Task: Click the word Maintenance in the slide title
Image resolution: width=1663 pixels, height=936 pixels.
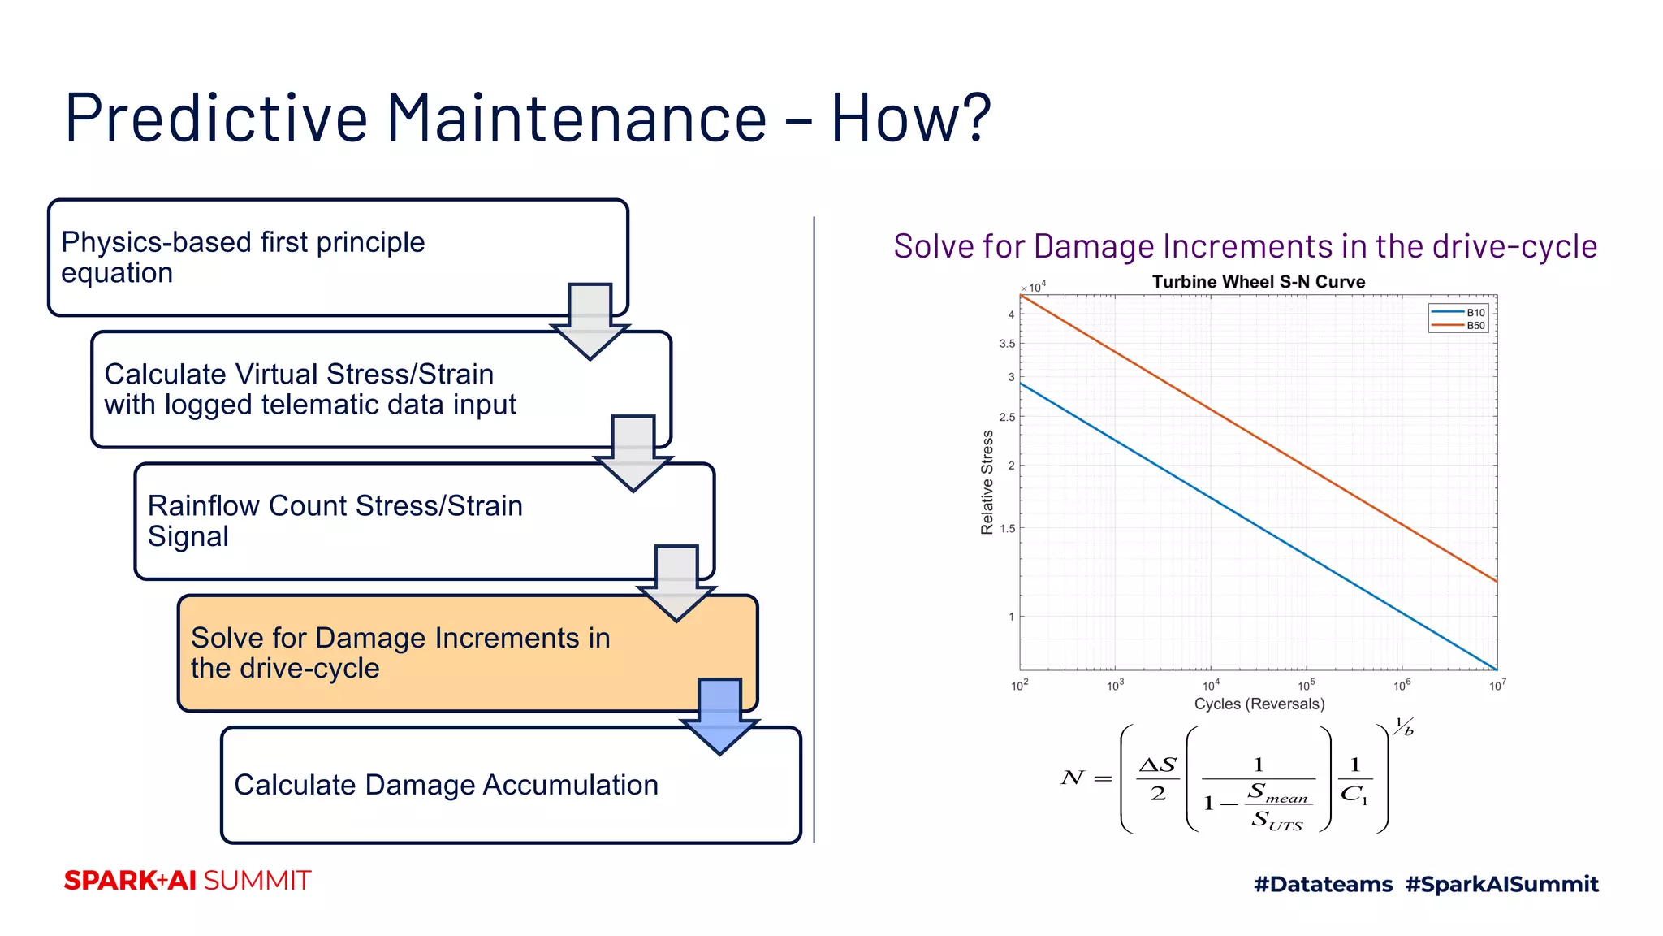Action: point(577,118)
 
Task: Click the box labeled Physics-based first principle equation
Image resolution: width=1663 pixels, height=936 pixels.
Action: point(244,257)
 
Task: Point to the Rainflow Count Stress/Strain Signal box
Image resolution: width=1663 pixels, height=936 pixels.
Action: point(335,521)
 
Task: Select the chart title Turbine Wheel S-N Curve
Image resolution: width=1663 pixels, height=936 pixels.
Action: point(1258,282)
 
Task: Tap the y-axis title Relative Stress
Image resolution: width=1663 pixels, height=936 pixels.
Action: point(987,482)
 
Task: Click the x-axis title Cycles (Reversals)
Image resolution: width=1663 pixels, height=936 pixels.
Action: point(1259,704)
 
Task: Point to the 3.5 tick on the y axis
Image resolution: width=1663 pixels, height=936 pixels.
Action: point(1007,344)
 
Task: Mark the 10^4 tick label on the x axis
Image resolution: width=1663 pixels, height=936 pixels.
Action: point(1211,685)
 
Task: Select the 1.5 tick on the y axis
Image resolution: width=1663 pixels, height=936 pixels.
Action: point(1007,528)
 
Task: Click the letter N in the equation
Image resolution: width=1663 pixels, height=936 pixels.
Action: point(1072,778)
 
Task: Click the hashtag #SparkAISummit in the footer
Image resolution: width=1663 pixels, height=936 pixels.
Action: point(1501,884)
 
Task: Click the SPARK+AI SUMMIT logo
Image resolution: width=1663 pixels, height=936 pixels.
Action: point(188,881)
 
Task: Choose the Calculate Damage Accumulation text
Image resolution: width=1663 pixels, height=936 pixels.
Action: point(446,785)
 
